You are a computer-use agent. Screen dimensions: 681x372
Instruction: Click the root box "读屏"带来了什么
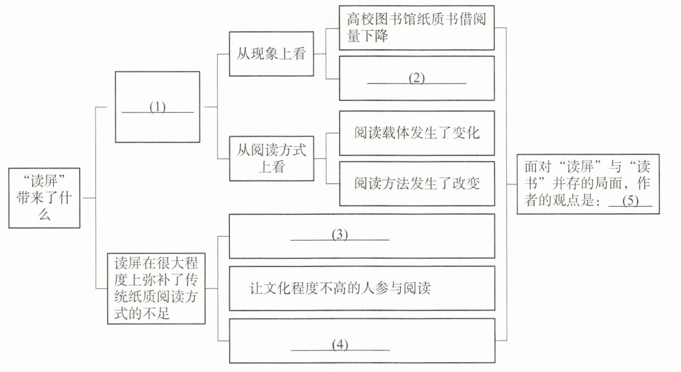[44, 198]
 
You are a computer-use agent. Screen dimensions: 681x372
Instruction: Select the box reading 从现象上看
[271, 54]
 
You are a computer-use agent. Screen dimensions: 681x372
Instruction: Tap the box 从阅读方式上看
[272, 159]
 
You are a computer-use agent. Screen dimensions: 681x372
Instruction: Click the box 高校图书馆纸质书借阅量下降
[416, 28]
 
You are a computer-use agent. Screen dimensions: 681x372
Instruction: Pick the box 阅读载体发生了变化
[417, 133]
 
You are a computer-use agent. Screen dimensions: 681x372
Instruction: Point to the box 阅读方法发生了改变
[417, 184]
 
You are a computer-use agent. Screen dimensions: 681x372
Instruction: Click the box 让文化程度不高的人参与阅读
[362, 289]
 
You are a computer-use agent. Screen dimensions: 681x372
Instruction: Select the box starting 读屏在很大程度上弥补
[156, 289]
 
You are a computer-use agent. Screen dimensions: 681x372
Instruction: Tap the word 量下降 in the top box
[368, 36]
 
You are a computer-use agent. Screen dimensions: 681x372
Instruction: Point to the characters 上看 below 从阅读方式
[272, 167]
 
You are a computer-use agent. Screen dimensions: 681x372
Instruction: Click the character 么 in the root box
[44, 215]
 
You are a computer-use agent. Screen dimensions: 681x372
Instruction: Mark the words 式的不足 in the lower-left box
[142, 314]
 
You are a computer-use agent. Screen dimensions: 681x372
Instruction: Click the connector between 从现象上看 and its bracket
[320, 54]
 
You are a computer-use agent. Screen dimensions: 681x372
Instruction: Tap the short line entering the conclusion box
[512, 184]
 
